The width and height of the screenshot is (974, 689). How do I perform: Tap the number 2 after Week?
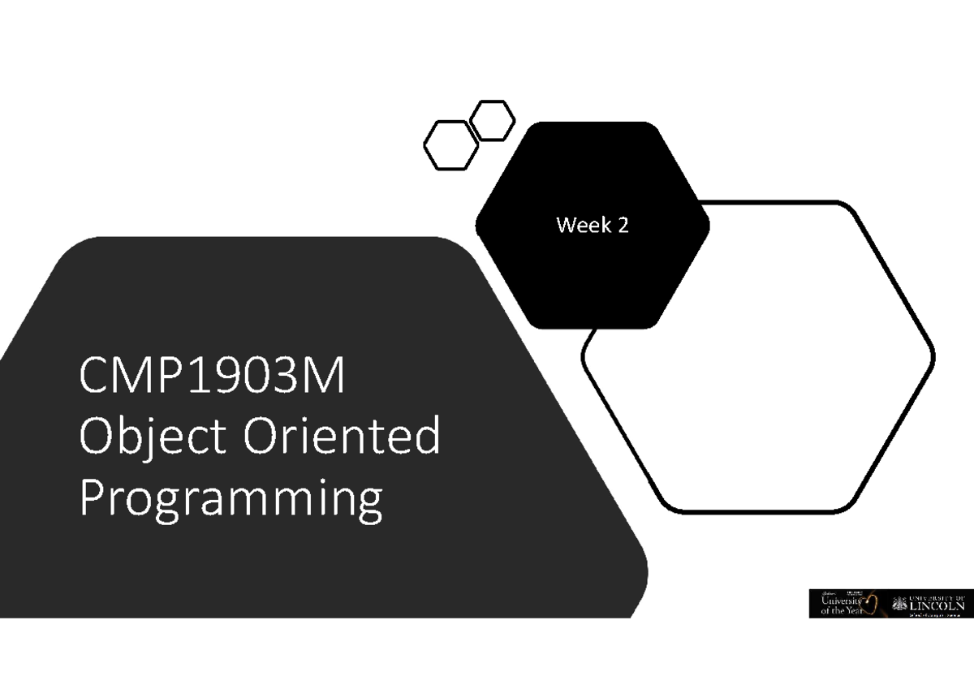(x=623, y=226)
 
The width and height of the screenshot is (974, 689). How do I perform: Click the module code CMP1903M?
(x=212, y=378)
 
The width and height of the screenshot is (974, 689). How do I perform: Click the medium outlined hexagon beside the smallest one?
(x=450, y=145)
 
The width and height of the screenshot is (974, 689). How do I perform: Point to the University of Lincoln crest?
(x=899, y=602)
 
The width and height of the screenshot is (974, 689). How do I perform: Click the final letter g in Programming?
(x=368, y=504)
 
